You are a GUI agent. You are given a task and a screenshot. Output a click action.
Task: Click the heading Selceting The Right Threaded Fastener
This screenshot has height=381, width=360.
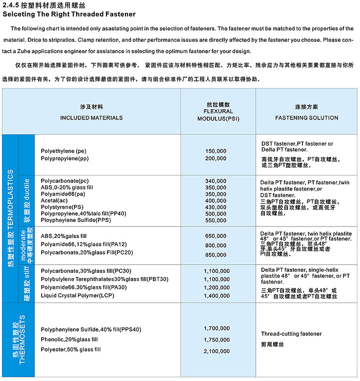click(69, 14)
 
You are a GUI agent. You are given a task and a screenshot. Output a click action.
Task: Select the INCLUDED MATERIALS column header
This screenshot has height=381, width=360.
click(92, 117)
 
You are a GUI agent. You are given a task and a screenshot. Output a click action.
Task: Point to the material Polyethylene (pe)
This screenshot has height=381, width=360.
click(64, 151)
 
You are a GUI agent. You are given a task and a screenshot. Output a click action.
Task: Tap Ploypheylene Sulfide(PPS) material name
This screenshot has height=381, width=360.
click(76, 220)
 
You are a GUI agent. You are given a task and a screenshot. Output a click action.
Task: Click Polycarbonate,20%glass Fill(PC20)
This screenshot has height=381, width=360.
click(86, 252)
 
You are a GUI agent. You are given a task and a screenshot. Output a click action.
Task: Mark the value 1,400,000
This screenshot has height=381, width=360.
click(217, 296)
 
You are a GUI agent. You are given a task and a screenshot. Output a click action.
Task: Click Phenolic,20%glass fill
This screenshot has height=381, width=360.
click(69, 339)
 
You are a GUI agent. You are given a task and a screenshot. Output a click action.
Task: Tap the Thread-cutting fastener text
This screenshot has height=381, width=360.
click(291, 334)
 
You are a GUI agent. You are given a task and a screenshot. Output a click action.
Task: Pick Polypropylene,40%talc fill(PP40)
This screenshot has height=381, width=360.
click(83, 213)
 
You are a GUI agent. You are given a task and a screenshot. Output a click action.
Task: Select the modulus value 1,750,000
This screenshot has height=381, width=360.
click(217, 340)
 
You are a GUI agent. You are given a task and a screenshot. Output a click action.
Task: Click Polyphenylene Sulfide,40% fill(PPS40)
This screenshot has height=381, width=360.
click(91, 329)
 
